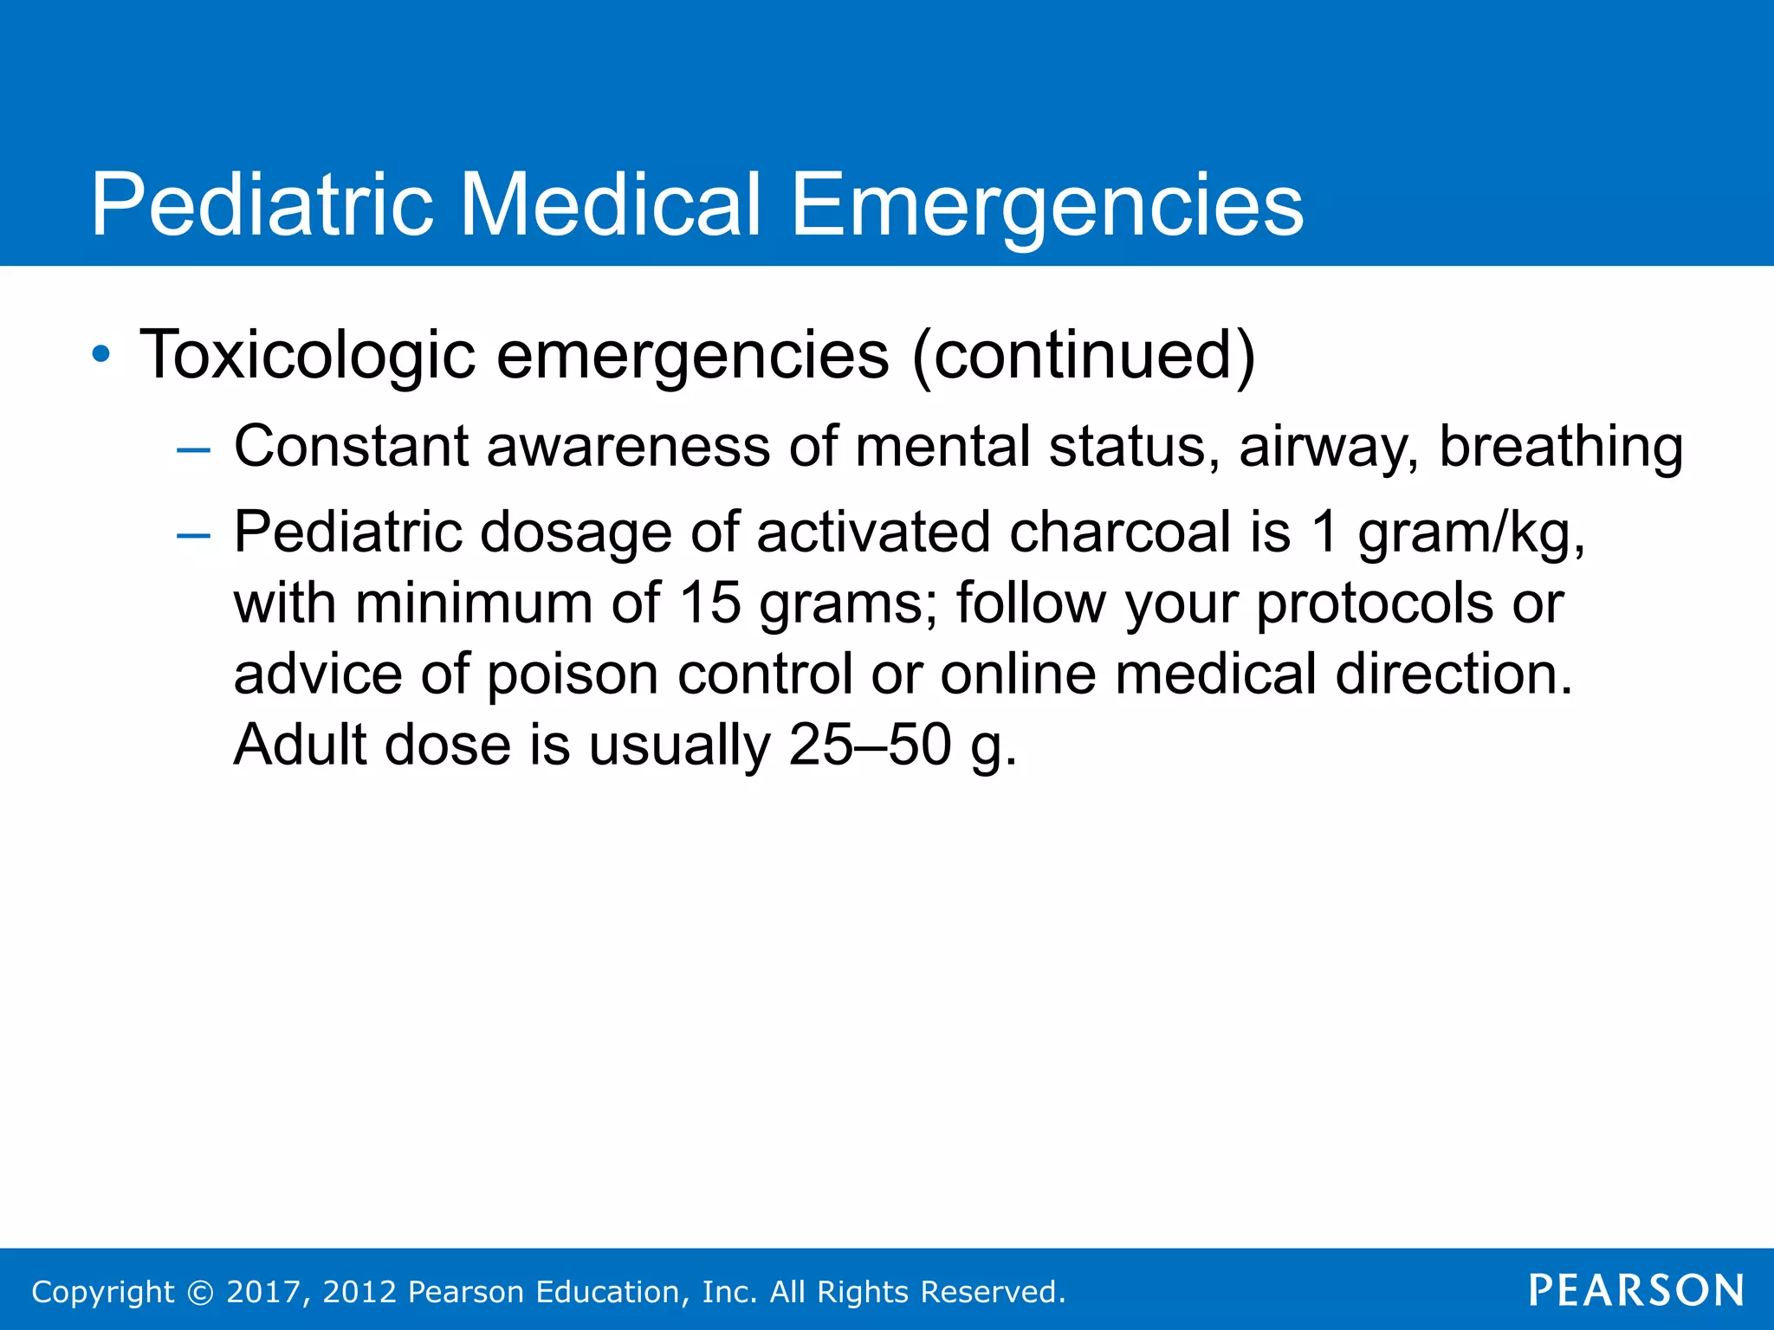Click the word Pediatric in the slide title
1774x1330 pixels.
[262, 205]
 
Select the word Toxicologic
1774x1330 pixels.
[308, 355]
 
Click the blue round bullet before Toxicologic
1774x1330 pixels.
[101, 354]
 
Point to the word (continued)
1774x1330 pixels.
[1084, 355]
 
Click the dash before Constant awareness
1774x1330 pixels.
[192, 450]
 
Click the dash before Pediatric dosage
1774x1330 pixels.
[192, 536]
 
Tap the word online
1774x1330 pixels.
[1018, 674]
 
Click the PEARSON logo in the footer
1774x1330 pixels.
[1635, 1290]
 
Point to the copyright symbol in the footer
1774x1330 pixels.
[200, 1292]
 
